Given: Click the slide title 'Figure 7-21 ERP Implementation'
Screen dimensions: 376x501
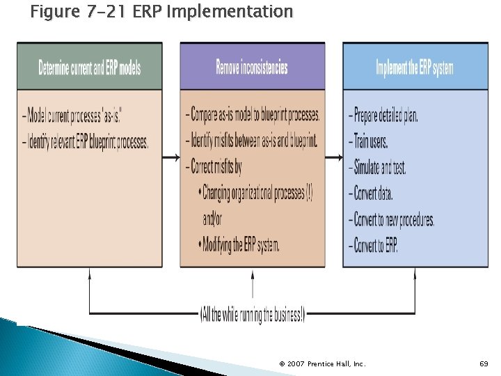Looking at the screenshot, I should click(x=161, y=12).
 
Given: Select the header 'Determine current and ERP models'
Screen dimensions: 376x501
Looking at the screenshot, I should click(x=90, y=68).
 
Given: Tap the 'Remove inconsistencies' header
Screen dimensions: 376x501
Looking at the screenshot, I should click(x=252, y=68).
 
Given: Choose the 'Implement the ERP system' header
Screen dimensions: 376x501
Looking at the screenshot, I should click(x=415, y=68).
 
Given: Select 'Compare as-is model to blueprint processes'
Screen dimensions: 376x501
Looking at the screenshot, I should click(x=253, y=114).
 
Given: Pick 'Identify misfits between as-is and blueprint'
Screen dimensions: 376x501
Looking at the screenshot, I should click(x=251, y=141).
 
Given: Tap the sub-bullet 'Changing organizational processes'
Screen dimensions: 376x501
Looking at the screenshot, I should click(x=255, y=193).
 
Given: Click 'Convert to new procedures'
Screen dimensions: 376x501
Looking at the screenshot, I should click(x=391, y=220).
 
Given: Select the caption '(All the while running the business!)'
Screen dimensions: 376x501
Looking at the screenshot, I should click(x=252, y=315).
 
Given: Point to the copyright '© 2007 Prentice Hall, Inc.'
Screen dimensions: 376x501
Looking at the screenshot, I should click(x=322, y=363).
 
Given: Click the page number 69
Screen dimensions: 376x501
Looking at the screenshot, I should click(x=484, y=363).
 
